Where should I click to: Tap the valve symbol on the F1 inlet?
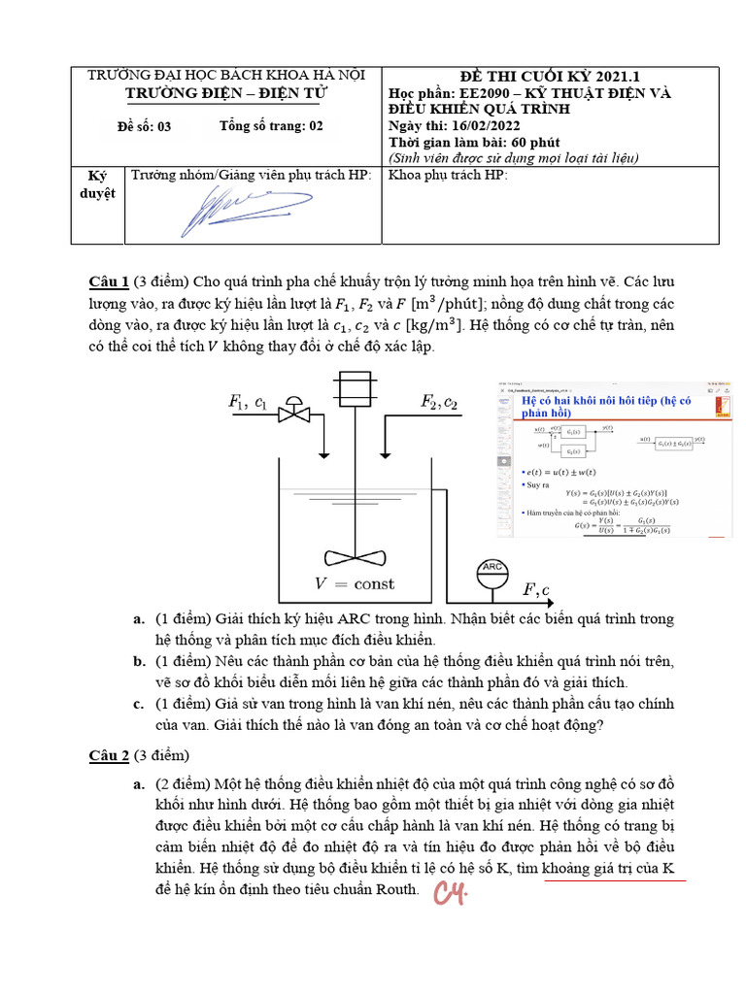[x=293, y=414]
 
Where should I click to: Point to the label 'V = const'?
[x=354, y=583]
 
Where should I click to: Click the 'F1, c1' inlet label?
[x=248, y=401]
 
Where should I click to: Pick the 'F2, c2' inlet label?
[x=439, y=401]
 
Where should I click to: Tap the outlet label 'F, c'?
[x=536, y=590]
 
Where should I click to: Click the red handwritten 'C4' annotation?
[x=451, y=893]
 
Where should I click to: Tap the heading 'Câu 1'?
[x=109, y=282]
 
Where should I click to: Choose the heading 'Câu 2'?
[x=109, y=755]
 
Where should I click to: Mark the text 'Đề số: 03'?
[x=144, y=125]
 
